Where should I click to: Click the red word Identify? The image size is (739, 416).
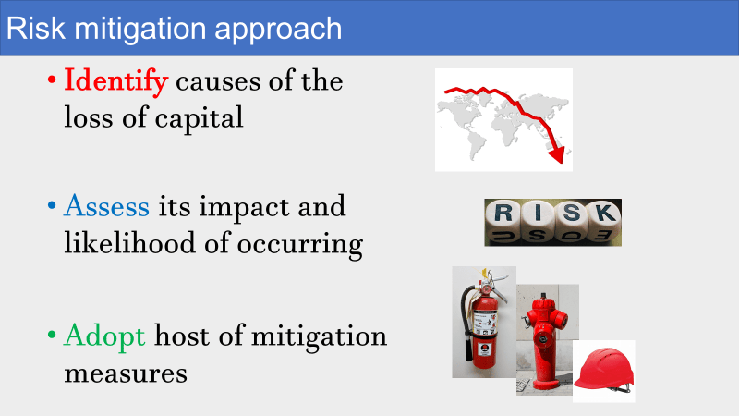116,81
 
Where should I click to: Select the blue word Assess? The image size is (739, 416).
107,206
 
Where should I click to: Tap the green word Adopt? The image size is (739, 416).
104,336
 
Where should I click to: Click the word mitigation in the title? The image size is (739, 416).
140,30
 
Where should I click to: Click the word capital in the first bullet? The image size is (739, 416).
199,118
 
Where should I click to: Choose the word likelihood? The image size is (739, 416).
129,243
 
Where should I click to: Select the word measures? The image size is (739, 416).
126,374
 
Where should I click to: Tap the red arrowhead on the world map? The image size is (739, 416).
557,154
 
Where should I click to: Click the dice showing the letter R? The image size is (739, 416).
503,221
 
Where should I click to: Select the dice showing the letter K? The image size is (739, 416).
605,221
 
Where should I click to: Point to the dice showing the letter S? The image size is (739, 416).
571,221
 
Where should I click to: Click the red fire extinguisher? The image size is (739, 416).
483,322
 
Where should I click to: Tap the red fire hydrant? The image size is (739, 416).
544,340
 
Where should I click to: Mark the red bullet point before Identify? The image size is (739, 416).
52,80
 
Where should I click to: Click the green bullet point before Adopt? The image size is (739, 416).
52,336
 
